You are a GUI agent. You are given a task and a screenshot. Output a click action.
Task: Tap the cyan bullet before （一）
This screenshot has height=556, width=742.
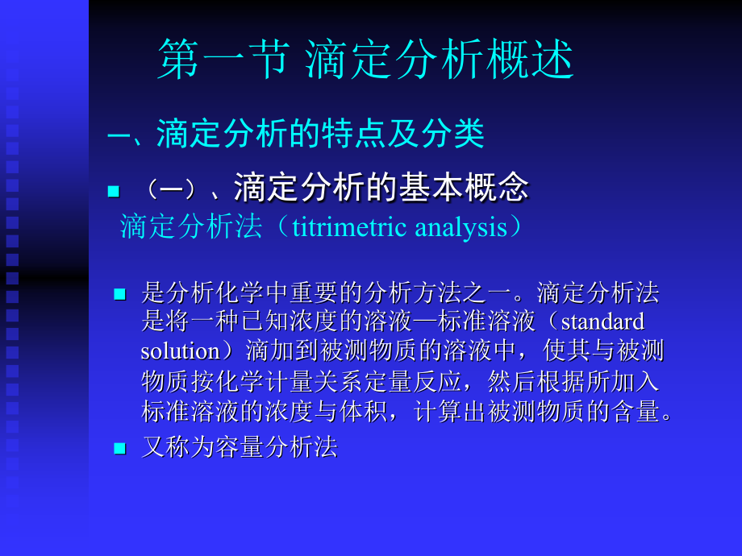pos(113,191)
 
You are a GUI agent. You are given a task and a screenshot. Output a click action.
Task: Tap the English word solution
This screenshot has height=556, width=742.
pos(179,351)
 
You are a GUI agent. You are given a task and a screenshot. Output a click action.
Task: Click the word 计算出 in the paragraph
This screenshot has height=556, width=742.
pos(450,411)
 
